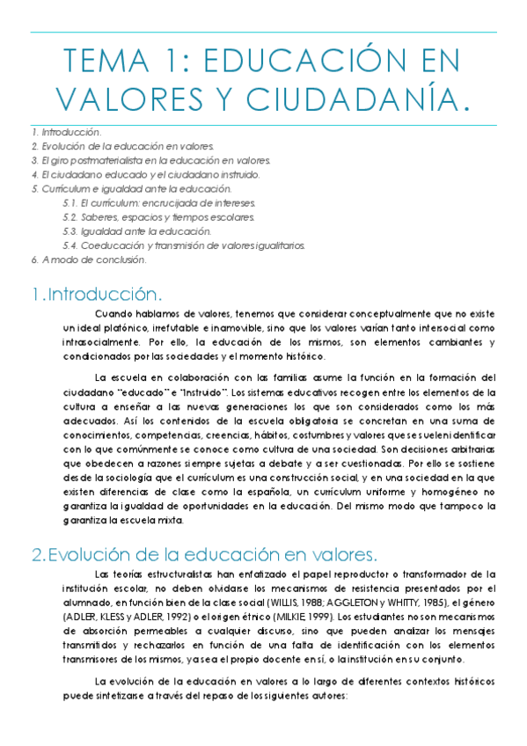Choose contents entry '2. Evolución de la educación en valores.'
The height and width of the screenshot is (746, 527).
[x=121, y=146]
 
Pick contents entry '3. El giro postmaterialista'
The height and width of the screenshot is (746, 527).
[x=150, y=160]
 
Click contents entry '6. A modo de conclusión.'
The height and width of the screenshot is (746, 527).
[x=88, y=260]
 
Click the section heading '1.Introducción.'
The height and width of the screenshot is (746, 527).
[x=97, y=292]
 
